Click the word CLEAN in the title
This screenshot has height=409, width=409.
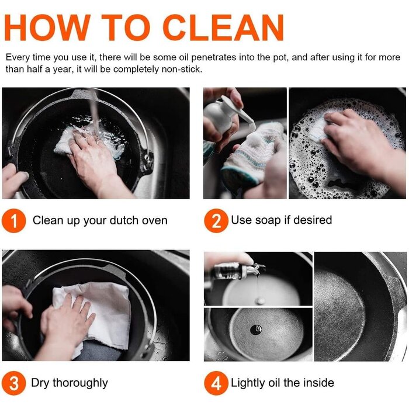point(224,27)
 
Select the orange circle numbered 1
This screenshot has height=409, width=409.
point(14,221)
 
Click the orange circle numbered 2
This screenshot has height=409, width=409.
point(216,221)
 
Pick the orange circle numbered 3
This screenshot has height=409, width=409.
point(14,383)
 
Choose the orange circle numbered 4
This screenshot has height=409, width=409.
point(216,383)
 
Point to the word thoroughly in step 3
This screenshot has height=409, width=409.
point(81,383)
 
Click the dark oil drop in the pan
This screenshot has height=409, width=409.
point(256,330)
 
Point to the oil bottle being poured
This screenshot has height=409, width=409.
point(235,271)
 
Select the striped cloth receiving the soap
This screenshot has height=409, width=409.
point(248,157)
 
